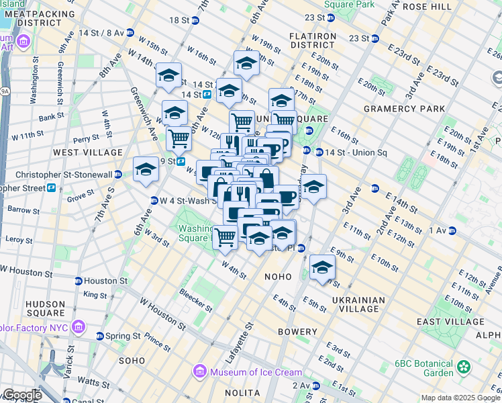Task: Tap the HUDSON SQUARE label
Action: (x=46, y=308)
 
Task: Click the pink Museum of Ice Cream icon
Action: (x=199, y=371)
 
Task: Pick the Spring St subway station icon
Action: (x=99, y=336)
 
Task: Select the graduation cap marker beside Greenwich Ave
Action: (x=146, y=171)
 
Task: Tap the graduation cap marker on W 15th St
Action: (x=168, y=76)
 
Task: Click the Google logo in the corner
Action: (x=21, y=395)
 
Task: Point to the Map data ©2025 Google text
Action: (x=460, y=398)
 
